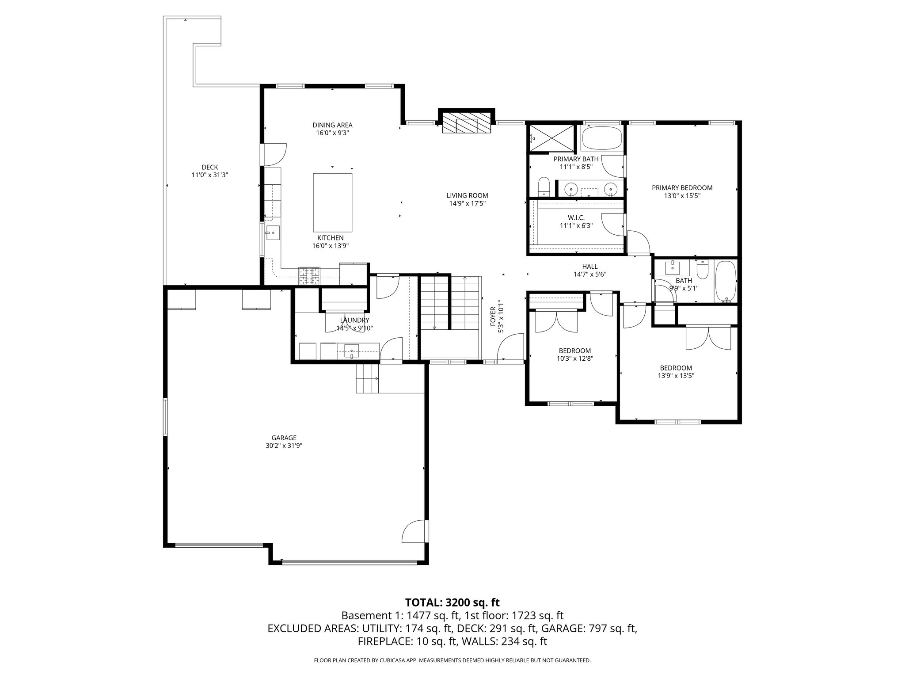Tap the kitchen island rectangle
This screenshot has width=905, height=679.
[332, 202]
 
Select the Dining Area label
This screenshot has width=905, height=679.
[332, 125]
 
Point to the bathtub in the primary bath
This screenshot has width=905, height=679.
[602, 138]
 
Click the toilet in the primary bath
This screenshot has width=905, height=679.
[544, 187]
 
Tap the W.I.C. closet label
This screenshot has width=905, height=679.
[576, 217]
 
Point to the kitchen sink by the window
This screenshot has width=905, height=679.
[273, 232]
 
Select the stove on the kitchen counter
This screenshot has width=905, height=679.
[309, 276]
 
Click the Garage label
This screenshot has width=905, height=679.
[284, 438]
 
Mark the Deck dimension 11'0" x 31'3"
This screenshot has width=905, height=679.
[210, 175]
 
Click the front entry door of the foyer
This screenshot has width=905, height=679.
[509, 349]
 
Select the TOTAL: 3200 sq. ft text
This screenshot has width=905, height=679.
[452, 602]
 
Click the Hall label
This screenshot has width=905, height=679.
[589, 266]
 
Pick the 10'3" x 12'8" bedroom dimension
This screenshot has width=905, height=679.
[574, 359]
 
